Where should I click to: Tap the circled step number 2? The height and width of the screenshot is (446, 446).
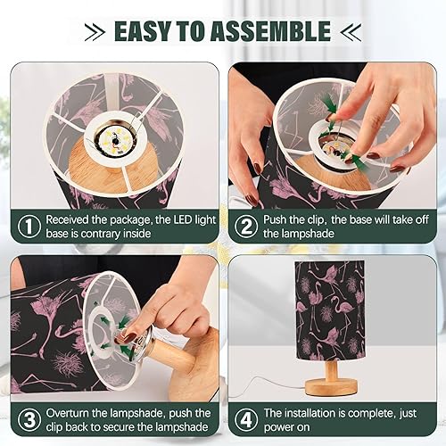coord(245,227)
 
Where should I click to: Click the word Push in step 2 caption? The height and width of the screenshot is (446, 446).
coord(280,219)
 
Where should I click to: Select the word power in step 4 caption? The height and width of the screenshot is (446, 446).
coord(284,430)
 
